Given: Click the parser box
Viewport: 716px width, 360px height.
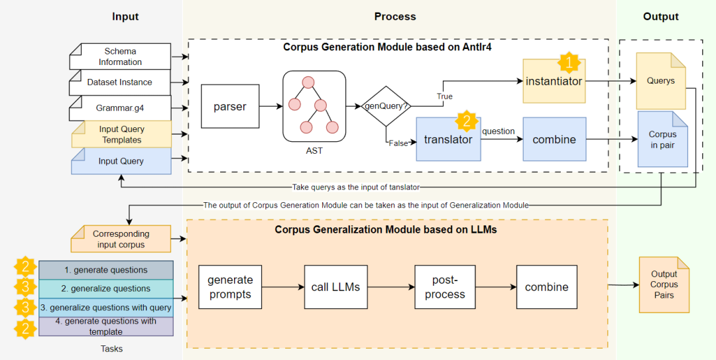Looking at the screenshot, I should coord(229,106).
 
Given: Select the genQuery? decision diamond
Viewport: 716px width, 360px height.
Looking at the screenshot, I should coord(385,105).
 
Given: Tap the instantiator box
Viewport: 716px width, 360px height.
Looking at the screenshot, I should coord(554,82).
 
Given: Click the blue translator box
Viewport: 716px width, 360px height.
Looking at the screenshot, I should coord(448,139).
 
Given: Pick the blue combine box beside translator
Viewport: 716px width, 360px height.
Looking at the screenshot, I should coord(554,139).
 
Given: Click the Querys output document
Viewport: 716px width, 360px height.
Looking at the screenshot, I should coord(660,81).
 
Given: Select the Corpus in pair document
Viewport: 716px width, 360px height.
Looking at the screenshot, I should coord(662,139).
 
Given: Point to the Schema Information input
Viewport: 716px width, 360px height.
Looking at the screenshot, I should coord(120,57).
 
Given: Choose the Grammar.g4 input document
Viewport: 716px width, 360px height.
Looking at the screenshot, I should coord(120,107).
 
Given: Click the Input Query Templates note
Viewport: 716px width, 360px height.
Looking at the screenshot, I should coord(121,135).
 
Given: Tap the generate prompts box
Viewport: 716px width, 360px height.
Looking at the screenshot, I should coord(230,286).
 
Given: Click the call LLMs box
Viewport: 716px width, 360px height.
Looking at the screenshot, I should coord(335,286).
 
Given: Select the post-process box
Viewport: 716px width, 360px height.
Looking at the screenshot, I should coord(445,286).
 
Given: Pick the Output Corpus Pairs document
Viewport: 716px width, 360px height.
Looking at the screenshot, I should coord(664,284).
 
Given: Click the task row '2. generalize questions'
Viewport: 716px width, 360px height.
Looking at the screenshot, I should coord(106,288).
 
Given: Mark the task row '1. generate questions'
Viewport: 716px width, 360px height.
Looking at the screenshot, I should coord(106,270).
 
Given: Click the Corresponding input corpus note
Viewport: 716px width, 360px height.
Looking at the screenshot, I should coord(121,239).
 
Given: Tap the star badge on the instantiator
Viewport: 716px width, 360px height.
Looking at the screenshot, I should coord(568,63).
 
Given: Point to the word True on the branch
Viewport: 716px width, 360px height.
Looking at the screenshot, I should coord(444,96).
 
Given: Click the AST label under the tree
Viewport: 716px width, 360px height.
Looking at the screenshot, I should coord(314,150).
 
